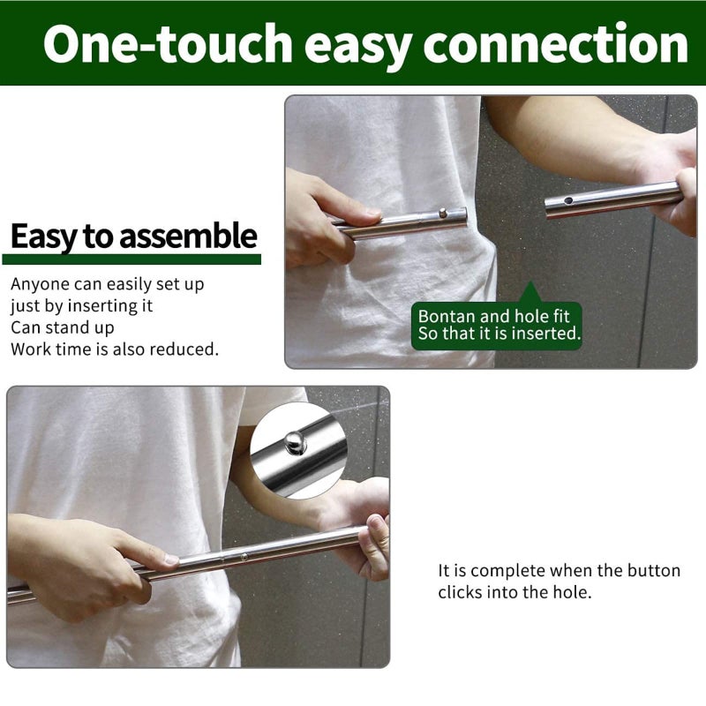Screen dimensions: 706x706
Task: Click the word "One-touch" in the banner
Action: pyautogui.click(x=168, y=43)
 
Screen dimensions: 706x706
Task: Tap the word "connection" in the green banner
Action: pyautogui.click(x=555, y=43)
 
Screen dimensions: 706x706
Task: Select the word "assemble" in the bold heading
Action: pyautogui.click(x=188, y=236)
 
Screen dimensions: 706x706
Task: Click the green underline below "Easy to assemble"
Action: pyautogui.click(x=131, y=259)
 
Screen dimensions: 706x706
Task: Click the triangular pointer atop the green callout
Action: pyautogui.click(x=530, y=293)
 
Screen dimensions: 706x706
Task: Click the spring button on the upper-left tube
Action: pyautogui.click(x=443, y=212)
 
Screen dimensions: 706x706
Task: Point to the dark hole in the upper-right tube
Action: pyautogui.click(x=568, y=200)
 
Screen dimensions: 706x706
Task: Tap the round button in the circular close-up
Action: pyautogui.click(x=296, y=443)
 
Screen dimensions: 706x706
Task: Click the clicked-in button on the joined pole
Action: pyautogui.click(x=244, y=557)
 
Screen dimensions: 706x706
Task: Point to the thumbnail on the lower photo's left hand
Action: pyautogui.click(x=171, y=560)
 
